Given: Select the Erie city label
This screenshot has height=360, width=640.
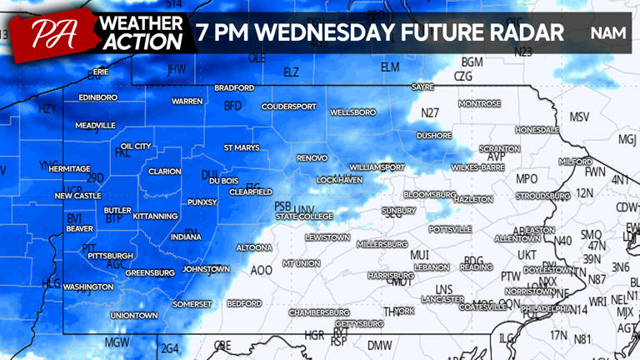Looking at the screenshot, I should [101, 72].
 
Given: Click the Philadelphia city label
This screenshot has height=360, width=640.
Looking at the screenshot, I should [548, 308].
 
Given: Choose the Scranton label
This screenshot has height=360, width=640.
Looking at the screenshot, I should [499, 148].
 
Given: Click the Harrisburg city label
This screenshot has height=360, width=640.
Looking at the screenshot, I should [391, 275].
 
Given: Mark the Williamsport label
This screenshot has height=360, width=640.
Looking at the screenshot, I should [377, 167].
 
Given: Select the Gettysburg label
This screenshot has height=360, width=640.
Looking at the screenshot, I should [358, 323].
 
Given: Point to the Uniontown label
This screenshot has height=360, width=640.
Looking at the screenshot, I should [134, 316].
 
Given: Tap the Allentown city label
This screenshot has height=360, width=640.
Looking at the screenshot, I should [517, 238].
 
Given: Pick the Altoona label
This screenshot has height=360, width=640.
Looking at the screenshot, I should [254, 247].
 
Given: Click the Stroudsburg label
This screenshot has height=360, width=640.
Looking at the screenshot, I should [542, 196].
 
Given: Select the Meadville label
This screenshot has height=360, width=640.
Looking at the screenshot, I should [95, 125].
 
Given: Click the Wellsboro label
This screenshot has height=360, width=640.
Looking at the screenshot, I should [352, 112].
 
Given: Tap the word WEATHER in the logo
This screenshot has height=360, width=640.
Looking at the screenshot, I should [139, 22].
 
